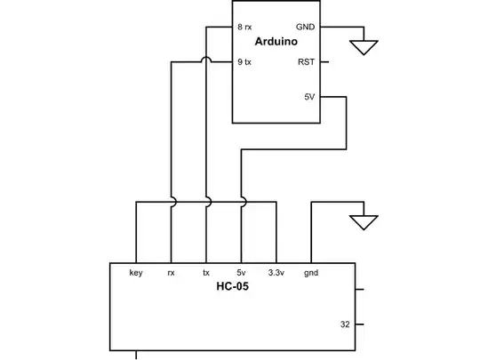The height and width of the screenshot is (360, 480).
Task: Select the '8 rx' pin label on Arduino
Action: point(246,27)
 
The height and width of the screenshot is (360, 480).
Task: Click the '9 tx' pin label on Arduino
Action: point(245,61)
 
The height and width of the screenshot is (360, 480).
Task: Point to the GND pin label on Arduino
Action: point(305,27)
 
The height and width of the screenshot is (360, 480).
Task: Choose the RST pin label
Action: point(306,61)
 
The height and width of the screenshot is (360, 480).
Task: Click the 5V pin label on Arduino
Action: point(309,97)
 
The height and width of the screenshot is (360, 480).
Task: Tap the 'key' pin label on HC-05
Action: point(136,272)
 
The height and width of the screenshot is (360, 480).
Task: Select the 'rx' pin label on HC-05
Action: point(171,272)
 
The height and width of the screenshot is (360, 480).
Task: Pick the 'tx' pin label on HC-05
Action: point(206,272)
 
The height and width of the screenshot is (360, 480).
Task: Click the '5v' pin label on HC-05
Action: point(241,272)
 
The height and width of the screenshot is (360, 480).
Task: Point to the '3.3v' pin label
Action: point(276,272)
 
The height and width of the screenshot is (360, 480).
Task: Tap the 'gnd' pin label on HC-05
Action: point(311,272)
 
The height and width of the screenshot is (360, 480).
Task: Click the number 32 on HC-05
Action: point(345,324)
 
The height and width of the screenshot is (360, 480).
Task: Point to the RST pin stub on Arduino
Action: point(324,61)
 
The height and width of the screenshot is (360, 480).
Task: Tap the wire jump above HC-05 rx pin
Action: point(171,203)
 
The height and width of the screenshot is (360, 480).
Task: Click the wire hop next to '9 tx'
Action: point(206,61)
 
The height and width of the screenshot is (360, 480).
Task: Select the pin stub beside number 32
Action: point(359,324)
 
